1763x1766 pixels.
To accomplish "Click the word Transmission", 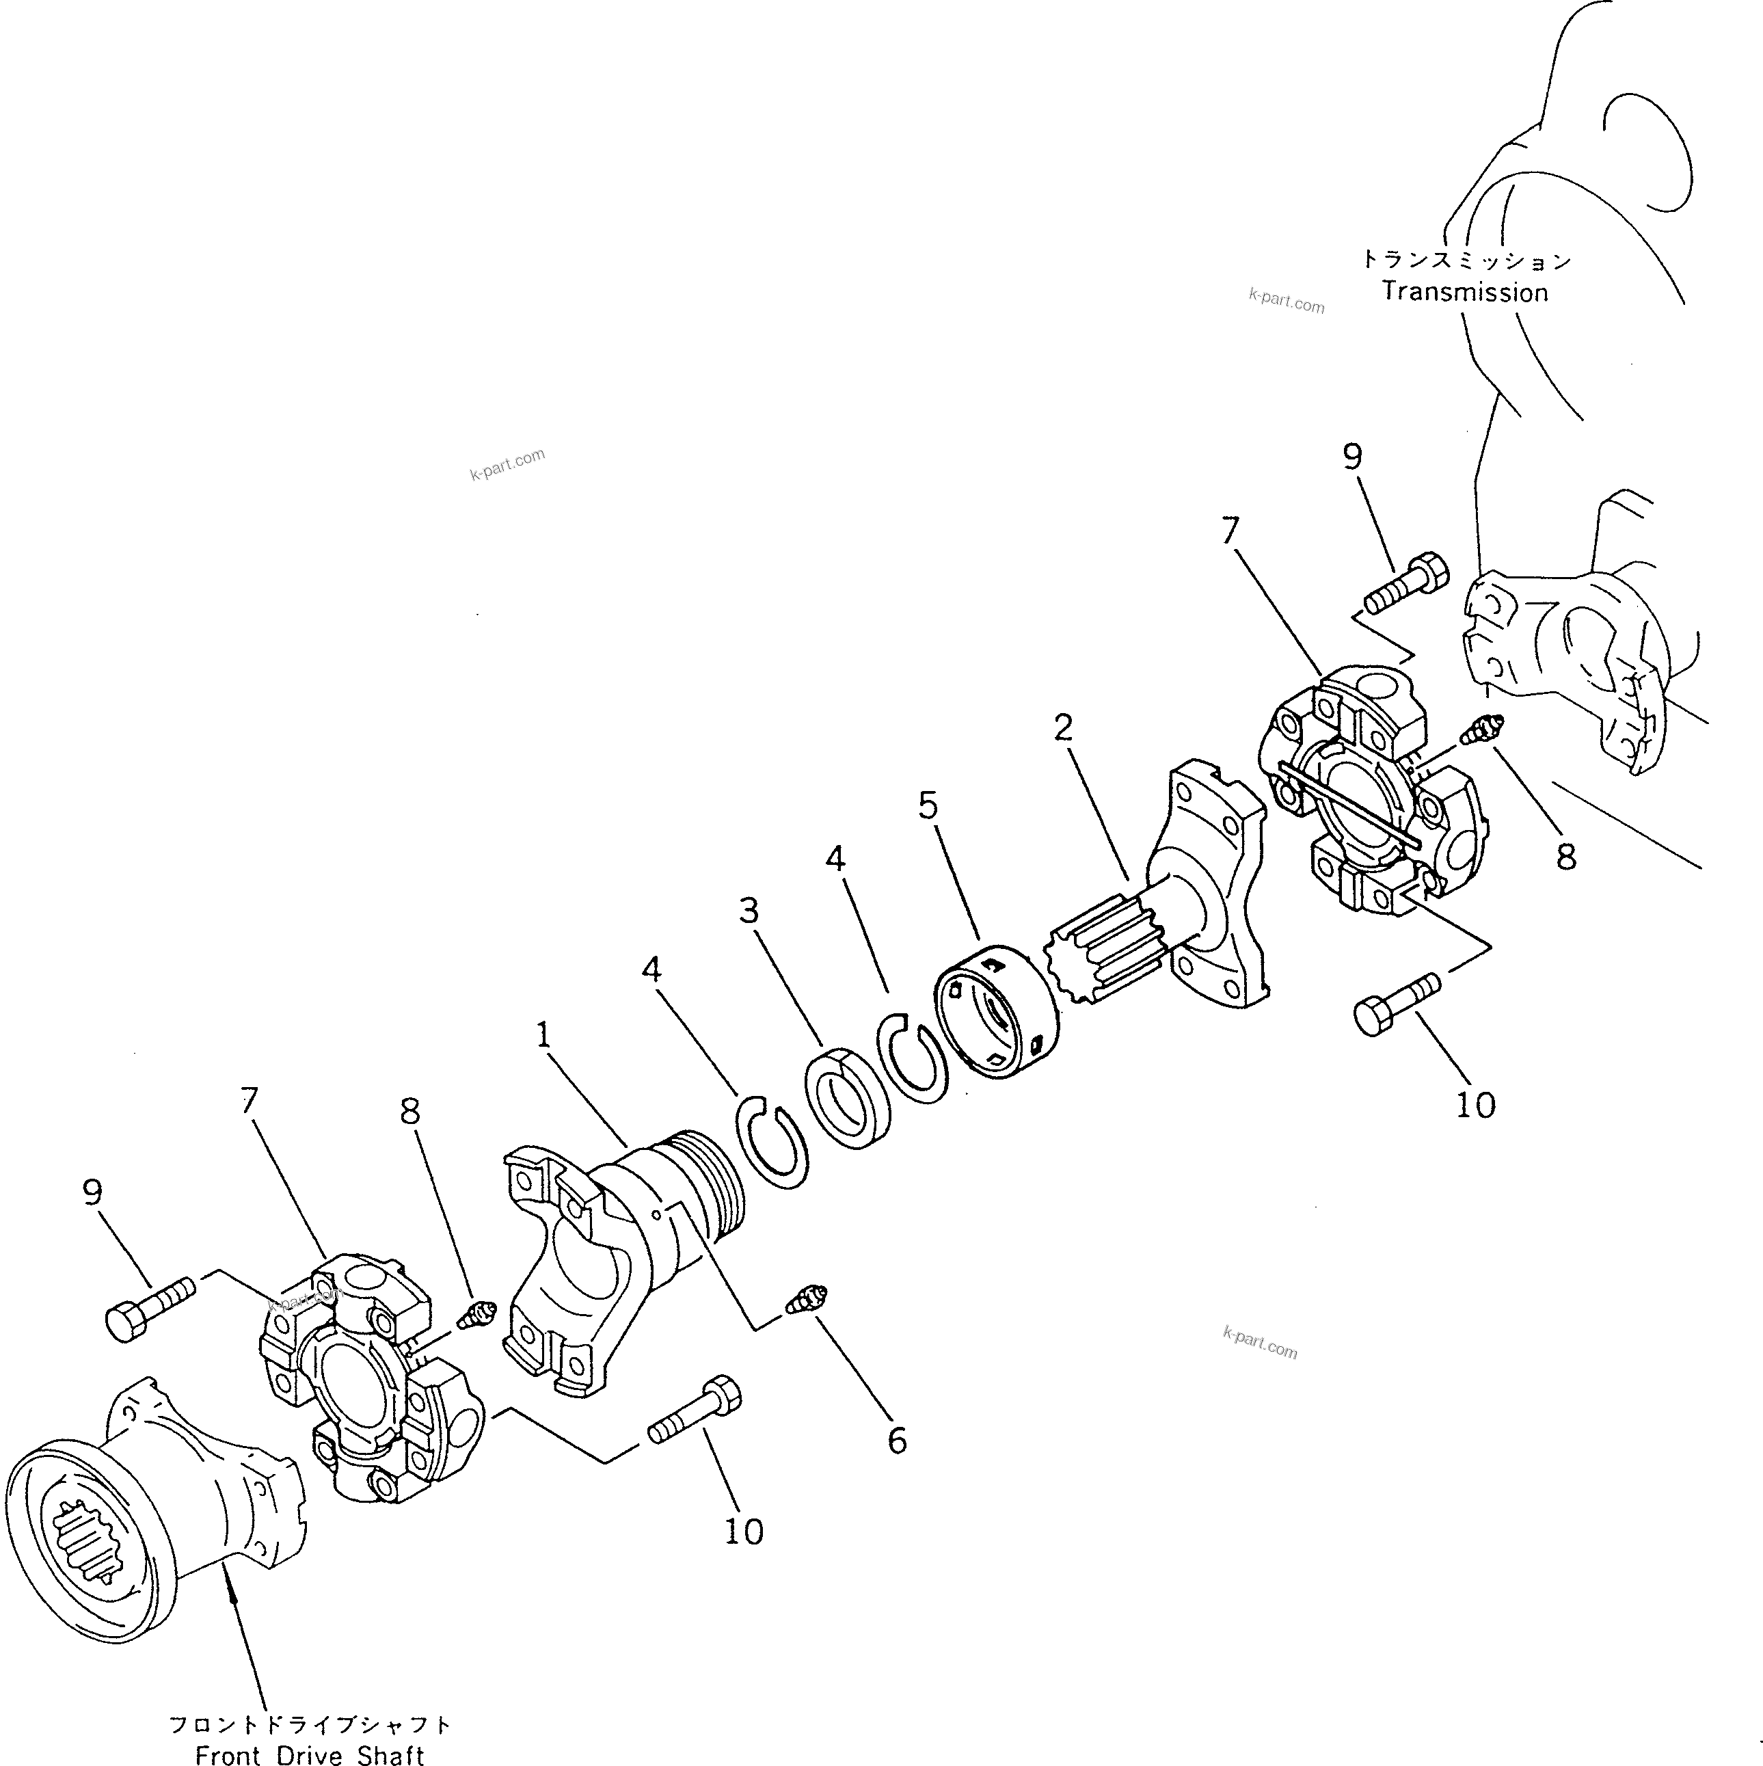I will click(x=1464, y=293).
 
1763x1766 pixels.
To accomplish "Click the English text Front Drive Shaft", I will click(x=310, y=1753).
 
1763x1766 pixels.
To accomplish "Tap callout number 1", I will click(x=543, y=1036).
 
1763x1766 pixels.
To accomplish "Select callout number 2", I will click(x=1062, y=727).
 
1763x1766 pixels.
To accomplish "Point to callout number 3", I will click(x=749, y=911).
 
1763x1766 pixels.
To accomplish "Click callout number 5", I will click(x=928, y=805).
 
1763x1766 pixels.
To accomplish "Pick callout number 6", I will click(x=898, y=1440).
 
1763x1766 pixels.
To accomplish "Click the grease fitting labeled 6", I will click(x=807, y=1298).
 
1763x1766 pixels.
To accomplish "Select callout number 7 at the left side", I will click(x=250, y=1101).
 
